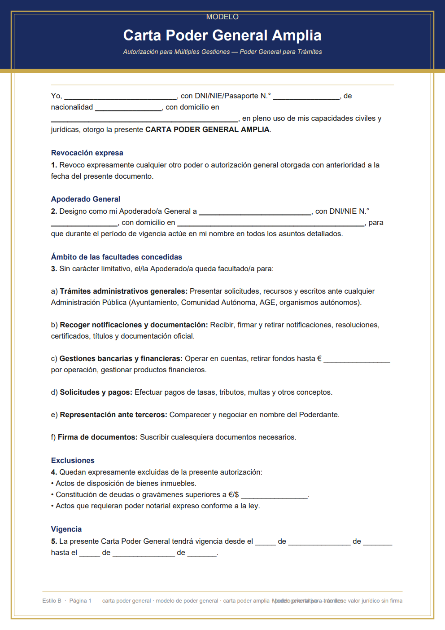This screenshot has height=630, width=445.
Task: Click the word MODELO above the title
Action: (222, 17)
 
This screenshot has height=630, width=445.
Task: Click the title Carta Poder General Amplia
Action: (222, 35)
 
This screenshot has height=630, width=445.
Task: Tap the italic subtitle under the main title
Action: (222, 52)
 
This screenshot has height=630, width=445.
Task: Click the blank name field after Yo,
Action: (120, 97)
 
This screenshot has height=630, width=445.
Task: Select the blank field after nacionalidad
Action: (128, 108)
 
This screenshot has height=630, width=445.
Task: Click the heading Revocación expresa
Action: (87, 153)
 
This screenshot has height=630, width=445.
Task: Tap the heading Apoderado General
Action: (86, 199)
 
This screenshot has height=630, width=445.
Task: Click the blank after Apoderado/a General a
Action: (255, 212)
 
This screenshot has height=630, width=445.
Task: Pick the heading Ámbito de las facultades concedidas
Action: (117, 257)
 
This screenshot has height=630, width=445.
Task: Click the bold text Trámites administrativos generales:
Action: (123, 291)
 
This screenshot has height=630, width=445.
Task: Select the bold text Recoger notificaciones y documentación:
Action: (134, 325)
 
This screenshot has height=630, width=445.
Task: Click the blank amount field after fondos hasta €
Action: (357, 359)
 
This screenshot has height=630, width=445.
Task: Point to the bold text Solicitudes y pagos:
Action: (96, 392)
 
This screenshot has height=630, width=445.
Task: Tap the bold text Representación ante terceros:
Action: (113, 415)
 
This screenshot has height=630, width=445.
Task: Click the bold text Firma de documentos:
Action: (97, 437)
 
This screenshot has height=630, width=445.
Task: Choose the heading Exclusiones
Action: (73, 461)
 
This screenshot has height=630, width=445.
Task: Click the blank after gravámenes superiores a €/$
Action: (275, 495)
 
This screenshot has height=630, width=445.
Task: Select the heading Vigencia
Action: (66, 529)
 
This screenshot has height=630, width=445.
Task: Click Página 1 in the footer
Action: (80, 601)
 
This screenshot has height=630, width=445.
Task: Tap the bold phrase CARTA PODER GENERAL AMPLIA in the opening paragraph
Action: (207, 130)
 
